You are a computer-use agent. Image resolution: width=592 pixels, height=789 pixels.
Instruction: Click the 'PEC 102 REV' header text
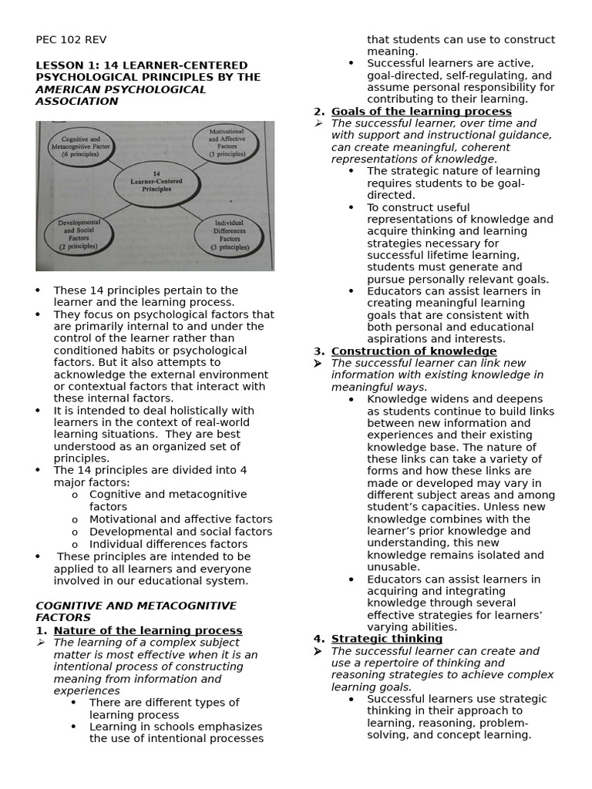coord(71,40)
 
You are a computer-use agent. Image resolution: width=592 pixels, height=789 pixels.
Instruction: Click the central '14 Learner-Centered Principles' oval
coord(156,182)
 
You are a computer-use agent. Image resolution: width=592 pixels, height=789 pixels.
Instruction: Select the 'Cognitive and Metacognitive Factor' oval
coord(79,146)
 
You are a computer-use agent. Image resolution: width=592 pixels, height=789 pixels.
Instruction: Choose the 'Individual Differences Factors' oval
coord(229,236)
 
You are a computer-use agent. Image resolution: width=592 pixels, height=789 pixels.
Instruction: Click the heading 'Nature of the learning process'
coord(148,630)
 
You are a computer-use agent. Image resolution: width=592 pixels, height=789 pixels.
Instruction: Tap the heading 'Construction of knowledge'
coord(414,351)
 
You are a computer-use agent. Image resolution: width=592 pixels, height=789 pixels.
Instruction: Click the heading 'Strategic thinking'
coord(387,639)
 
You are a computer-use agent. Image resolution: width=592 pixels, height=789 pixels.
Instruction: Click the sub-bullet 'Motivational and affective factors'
coord(180,519)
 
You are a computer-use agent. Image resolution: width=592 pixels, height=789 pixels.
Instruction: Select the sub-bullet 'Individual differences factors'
coord(168,544)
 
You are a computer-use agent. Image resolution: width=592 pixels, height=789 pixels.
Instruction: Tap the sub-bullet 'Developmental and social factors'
coord(180,532)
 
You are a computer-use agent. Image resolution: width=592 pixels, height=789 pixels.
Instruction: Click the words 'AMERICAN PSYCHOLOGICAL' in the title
coord(121,89)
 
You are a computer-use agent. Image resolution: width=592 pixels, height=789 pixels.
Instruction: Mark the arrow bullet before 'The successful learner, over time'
coord(319,123)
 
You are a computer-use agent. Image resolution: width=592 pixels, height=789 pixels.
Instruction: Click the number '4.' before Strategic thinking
coord(319,639)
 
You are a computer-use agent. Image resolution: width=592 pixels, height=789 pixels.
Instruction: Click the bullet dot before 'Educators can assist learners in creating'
coord(351,291)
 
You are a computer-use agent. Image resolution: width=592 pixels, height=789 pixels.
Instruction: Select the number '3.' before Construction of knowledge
coord(319,351)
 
